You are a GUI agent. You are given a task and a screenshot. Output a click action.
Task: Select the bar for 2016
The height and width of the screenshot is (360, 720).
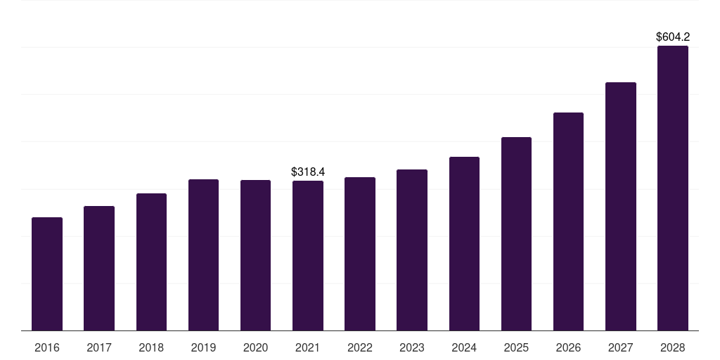pyautogui.click(x=47, y=274)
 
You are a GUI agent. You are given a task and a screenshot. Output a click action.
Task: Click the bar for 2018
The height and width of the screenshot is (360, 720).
pyautogui.click(x=151, y=262)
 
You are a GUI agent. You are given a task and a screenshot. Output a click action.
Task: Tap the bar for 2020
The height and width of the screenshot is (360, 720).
pyautogui.click(x=255, y=255)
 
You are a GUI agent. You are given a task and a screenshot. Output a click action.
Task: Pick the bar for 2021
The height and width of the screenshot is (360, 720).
pyautogui.click(x=308, y=256)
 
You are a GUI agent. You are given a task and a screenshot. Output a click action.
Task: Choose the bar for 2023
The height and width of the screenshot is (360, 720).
pyautogui.click(x=412, y=250)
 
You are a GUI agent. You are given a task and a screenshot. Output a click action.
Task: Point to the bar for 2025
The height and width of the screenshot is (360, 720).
pyautogui.click(x=516, y=234)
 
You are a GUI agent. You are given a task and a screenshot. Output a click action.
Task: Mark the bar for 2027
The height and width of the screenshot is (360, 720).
pyautogui.click(x=620, y=207)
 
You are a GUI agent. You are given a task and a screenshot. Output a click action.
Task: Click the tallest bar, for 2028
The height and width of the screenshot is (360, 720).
pyautogui.click(x=672, y=188)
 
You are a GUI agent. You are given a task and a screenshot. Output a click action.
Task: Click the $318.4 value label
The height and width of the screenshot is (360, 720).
pyautogui.click(x=308, y=172)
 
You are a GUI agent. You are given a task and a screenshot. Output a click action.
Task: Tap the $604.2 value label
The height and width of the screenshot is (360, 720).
pyautogui.click(x=672, y=37)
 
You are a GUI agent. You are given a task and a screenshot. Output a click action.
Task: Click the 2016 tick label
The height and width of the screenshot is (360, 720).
pyautogui.click(x=47, y=348)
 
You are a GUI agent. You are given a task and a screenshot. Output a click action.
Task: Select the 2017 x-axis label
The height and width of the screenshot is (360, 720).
pyautogui.click(x=99, y=348)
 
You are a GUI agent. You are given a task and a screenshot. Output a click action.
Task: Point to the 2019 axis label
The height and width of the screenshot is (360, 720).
pyautogui.click(x=203, y=348)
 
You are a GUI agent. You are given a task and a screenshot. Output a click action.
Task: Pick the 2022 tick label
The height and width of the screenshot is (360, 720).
pyautogui.click(x=360, y=348)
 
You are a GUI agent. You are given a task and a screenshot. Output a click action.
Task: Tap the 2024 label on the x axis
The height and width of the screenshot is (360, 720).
pyautogui.click(x=464, y=348)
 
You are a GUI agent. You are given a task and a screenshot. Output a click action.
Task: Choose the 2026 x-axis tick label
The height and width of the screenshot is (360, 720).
pyautogui.click(x=568, y=348)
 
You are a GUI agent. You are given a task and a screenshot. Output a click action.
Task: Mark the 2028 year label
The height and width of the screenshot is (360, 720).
pyautogui.click(x=672, y=348)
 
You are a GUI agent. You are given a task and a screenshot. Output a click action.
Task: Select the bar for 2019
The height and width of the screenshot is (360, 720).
pyautogui.click(x=203, y=255)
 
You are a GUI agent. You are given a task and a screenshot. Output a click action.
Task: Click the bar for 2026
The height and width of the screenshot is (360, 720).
pyautogui.click(x=568, y=221)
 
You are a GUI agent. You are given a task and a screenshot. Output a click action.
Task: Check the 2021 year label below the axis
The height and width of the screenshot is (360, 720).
pyautogui.click(x=308, y=348)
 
